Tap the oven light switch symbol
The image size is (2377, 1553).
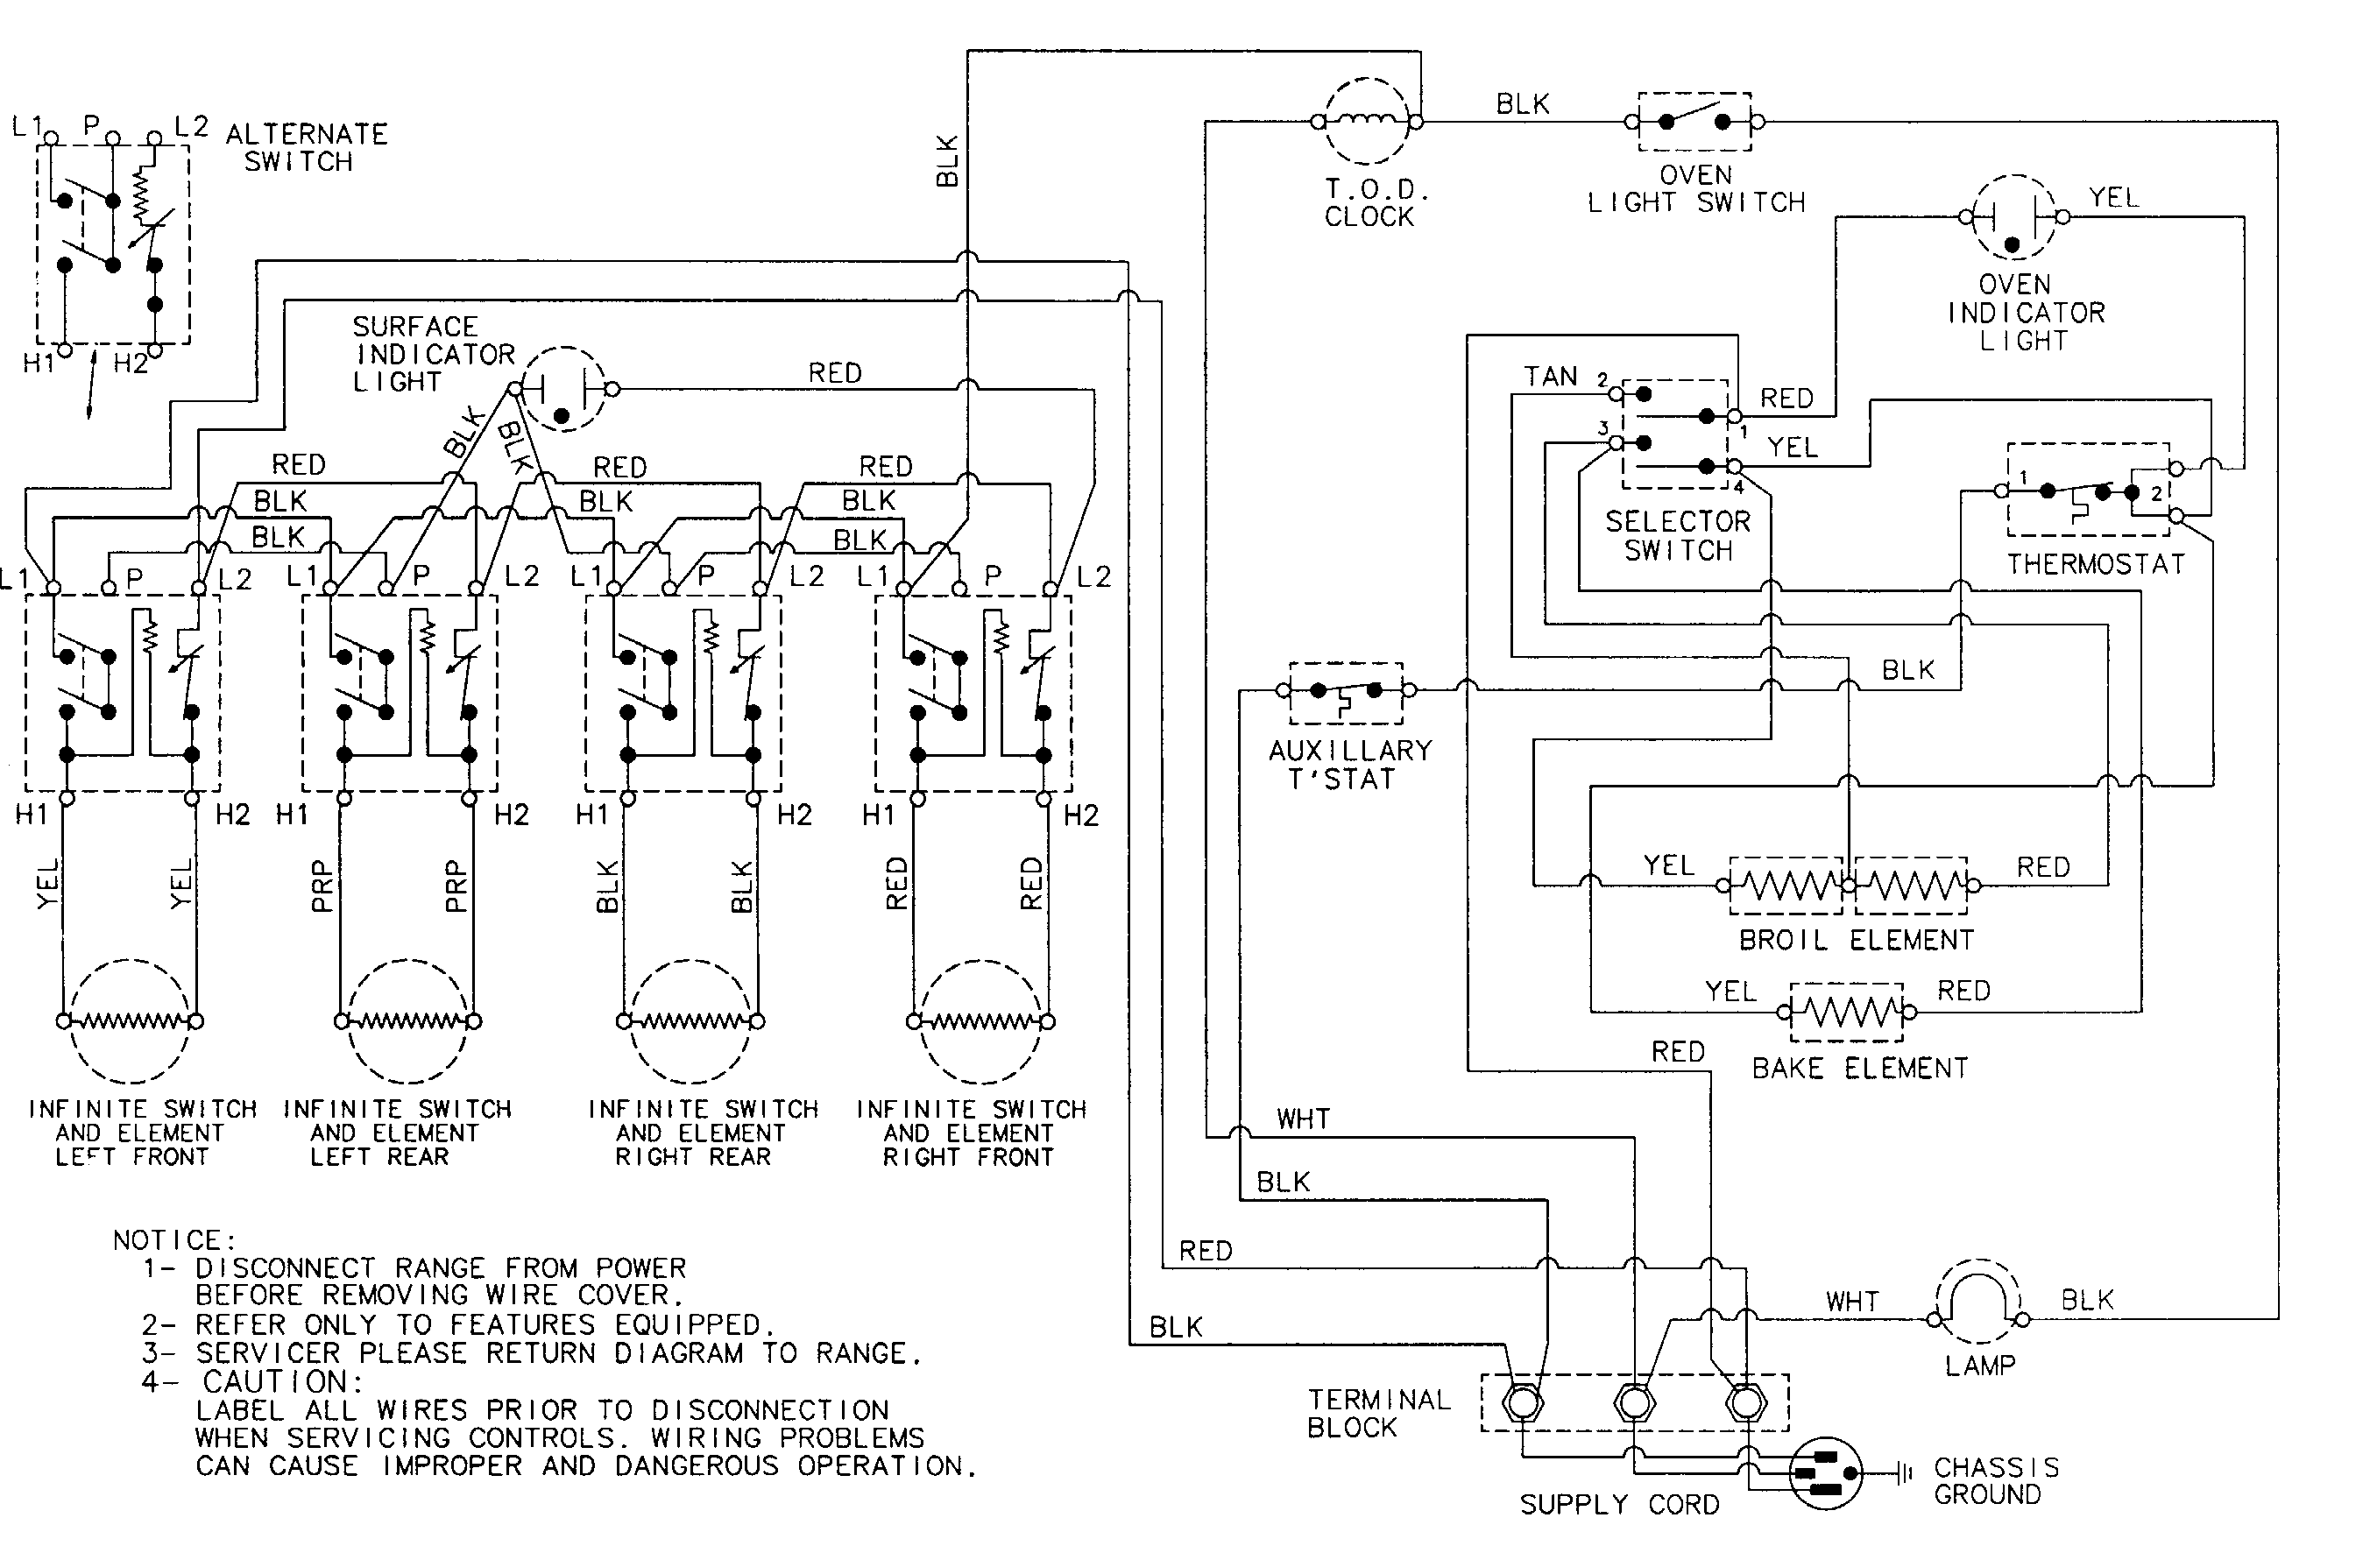click(x=1694, y=122)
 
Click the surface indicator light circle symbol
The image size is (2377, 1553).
click(x=564, y=390)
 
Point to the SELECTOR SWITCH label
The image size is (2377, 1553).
click(x=1678, y=535)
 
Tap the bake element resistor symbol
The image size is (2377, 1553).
click(x=1847, y=1013)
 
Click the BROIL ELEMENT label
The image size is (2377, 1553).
click(x=1856, y=940)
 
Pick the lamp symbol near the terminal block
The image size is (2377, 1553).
click(x=1978, y=1303)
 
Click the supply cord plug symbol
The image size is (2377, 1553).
click(x=1826, y=1473)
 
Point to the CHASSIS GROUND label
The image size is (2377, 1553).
click(x=1996, y=1480)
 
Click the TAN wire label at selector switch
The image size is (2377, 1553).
click(x=1550, y=377)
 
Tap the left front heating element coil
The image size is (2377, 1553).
click(x=130, y=1020)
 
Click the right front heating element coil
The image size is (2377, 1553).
click(x=980, y=1020)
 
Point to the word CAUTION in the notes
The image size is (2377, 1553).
click(x=280, y=1382)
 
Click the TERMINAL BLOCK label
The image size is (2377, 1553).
click(x=1378, y=1413)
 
